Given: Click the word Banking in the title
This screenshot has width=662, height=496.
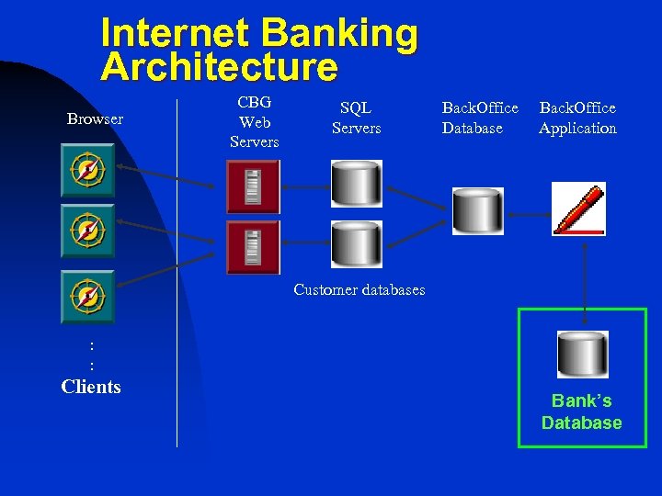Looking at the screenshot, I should [x=339, y=34].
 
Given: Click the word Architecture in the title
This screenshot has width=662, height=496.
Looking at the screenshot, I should [x=219, y=67].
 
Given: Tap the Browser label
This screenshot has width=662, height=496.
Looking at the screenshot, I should [x=95, y=119].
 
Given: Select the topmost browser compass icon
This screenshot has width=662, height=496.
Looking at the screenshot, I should [x=87, y=171].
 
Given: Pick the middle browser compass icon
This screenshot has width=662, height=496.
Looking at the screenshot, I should [x=87, y=231].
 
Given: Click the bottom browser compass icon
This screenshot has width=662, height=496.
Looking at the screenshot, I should [x=87, y=297].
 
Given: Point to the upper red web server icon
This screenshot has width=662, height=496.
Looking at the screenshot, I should [x=252, y=186].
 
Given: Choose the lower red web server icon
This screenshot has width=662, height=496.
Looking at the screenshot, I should [x=252, y=247].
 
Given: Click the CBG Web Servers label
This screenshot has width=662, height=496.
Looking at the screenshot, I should [x=254, y=121].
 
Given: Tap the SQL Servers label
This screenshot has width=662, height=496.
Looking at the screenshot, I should [x=356, y=118].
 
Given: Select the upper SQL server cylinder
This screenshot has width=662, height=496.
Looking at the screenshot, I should [x=356, y=183].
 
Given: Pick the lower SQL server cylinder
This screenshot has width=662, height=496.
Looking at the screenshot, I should [x=356, y=243].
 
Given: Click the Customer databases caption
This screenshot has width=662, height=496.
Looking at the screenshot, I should [x=359, y=290].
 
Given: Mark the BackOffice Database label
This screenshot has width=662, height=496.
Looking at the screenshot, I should [x=480, y=118].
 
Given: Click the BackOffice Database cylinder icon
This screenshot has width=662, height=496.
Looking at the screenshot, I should [x=477, y=210].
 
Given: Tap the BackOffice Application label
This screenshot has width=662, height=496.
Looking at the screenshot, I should [x=577, y=118].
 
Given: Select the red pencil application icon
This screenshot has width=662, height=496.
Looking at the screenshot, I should [x=578, y=209].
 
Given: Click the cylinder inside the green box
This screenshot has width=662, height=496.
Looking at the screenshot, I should [x=583, y=354].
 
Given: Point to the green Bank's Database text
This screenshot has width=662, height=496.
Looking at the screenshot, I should [x=581, y=411].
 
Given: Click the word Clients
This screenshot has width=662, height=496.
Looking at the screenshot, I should [x=91, y=387].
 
